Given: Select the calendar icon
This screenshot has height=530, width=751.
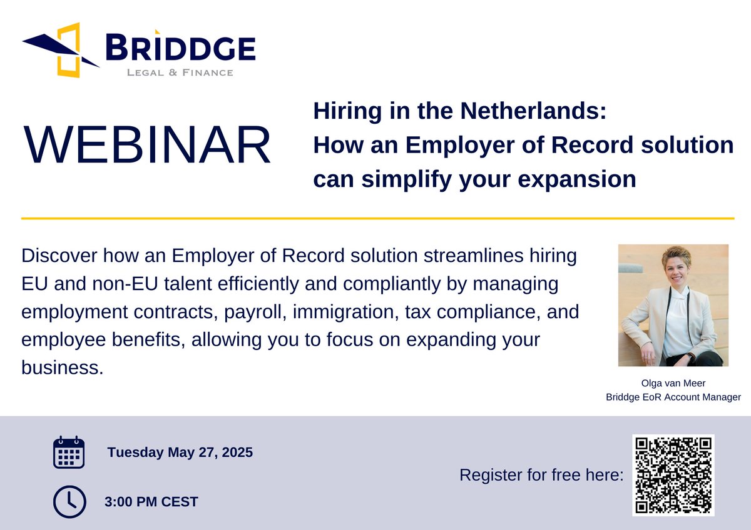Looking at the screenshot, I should (x=68, y=452).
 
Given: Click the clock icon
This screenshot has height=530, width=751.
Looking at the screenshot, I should (x=68, y=501).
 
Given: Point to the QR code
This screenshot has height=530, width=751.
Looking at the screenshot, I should (x=673, y=475).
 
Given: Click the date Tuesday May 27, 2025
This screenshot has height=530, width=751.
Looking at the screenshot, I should (x=180, y=452).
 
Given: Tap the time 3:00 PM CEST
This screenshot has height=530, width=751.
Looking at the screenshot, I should (x=151, y=501).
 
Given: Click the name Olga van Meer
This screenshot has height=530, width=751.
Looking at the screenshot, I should (x=673, y=383).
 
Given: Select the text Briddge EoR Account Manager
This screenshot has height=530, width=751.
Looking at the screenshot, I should (x=673, y=397).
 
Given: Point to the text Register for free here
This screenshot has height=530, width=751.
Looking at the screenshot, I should (x=541, y=475).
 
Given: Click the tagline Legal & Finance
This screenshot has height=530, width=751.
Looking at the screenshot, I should (x=180, y=72).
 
